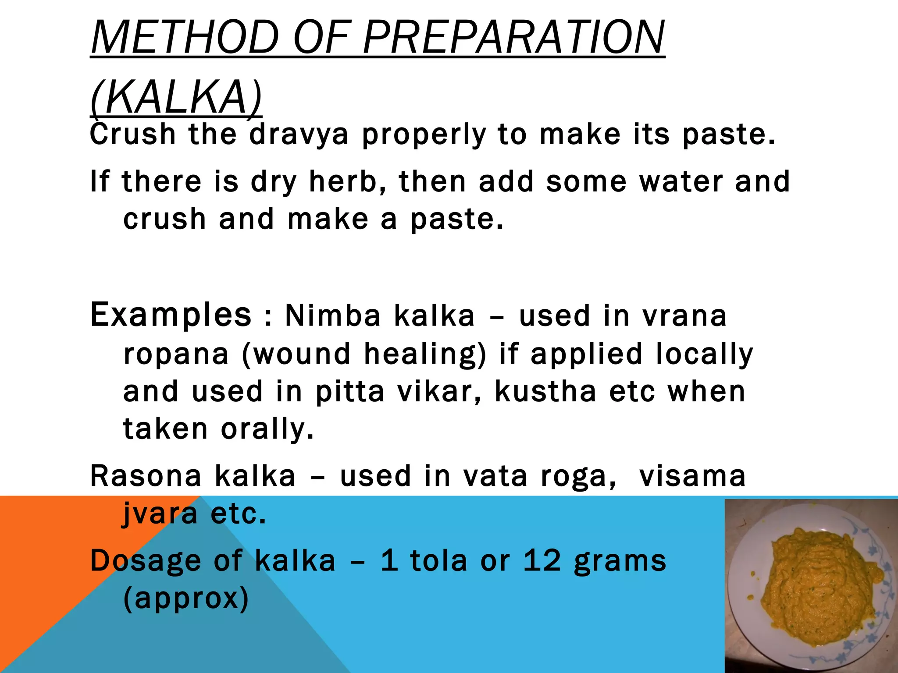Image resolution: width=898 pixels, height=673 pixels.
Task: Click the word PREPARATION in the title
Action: pos(514,38)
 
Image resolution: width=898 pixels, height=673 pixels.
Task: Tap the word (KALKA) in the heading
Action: pos(176,97)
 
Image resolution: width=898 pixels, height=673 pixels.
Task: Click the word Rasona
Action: pos(146,476)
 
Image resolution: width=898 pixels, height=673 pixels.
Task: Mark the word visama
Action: pos(692,476)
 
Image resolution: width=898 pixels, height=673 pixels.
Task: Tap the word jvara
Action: pos(160,514)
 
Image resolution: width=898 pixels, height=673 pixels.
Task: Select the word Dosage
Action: pos(145,561)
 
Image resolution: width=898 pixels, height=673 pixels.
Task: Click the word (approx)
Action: pos(186,599)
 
